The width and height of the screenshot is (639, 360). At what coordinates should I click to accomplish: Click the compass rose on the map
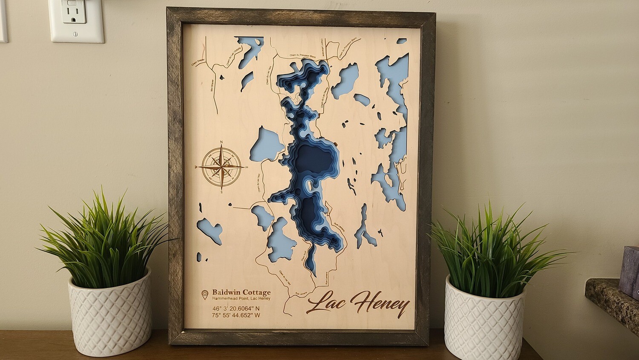[222, 167]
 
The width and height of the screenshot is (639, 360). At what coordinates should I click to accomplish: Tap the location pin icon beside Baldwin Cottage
[205, 294]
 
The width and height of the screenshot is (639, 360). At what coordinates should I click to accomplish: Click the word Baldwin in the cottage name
[225, 292]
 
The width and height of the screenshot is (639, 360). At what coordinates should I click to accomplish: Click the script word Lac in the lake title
[326, 302]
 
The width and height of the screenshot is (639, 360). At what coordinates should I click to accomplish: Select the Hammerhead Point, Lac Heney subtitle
[241, 298]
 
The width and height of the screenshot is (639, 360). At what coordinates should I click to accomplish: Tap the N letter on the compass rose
[222, 143]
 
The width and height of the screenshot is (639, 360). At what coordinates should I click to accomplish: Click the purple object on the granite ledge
[631, 271]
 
